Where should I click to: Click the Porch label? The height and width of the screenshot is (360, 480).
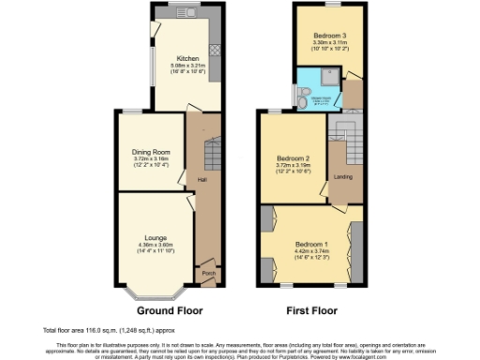click(207, 274)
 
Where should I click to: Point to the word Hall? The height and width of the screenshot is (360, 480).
click(202, 179)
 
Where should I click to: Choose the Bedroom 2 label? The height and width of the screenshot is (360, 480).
click(294, 157)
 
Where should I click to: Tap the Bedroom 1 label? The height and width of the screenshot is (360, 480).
click(307, 242)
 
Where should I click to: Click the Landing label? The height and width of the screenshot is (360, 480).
click(343, 176)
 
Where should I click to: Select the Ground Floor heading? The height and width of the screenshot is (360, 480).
click(170, 309)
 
